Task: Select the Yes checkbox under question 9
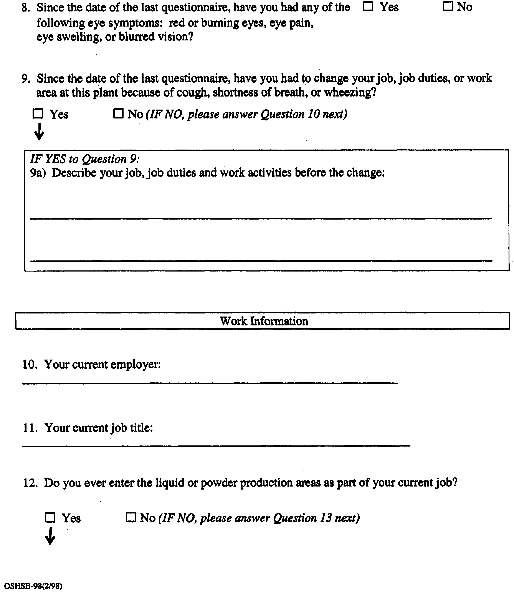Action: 38,114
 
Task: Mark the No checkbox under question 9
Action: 118,113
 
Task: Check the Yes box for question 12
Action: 50,517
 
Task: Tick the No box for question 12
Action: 131,517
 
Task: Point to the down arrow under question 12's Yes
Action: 50,536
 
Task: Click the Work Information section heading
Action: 264,321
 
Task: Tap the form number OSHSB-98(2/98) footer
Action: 33,586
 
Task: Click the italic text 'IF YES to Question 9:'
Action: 85,159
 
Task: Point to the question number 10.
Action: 30,364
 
